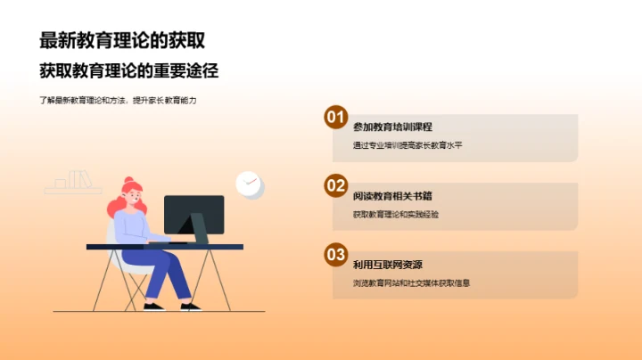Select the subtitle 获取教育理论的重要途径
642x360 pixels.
[128, 70]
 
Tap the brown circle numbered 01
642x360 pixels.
[335, 118]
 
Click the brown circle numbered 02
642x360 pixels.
[335, 186]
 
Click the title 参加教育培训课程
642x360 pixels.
[392, 127]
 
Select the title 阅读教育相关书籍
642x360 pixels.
[392, 195]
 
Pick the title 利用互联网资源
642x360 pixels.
[387, 265]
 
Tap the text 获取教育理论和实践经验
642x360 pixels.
[395, 214]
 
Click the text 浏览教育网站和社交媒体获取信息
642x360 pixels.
[410, 283]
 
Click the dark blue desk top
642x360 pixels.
[160, 246]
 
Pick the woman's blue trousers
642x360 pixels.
[165, 273]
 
